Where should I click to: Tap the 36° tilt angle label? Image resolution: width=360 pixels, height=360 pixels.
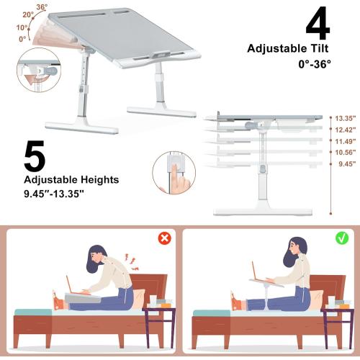pos(42,7)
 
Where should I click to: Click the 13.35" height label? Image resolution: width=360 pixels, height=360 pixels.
pos(345,117)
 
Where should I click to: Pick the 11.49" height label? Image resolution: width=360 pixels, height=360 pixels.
pos(345,142)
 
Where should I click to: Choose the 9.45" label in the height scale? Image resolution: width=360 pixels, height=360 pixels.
pos(345,163)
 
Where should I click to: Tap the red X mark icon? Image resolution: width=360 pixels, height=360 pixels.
pos(164,238)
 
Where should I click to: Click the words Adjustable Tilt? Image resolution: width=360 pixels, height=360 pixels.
pos(287,49)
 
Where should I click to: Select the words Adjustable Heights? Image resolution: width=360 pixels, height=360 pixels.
pos(61,180)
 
